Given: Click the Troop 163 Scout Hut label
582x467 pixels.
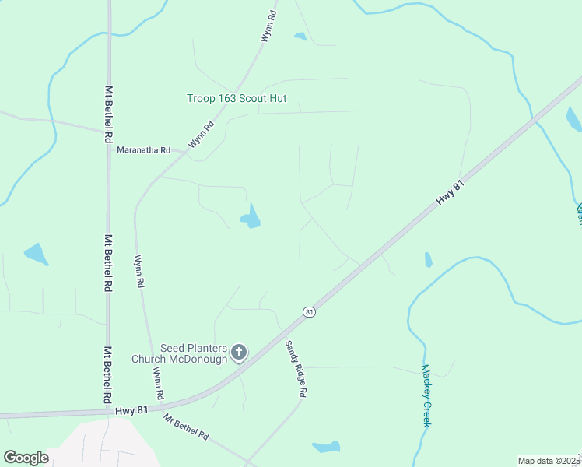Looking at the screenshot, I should point(237,98).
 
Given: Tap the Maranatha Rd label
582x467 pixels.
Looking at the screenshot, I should point(143,149).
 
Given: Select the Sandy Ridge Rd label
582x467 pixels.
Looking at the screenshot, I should point(294,370).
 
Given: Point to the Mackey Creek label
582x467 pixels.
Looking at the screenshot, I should point(426,395).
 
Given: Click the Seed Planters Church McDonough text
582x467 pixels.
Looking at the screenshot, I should point(195,353).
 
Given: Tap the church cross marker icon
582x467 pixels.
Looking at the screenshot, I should point(239,354).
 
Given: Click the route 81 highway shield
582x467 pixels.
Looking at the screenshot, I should point(310,311).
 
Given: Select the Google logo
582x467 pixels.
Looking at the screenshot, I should point(26,458).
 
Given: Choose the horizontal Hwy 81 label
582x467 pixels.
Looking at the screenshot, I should point(131,409).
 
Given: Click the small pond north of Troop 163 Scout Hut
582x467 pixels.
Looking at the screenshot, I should point(300,36).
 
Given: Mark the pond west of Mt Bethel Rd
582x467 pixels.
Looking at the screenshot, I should point(37,254).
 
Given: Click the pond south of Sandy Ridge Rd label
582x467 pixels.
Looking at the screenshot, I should point(326,447).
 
